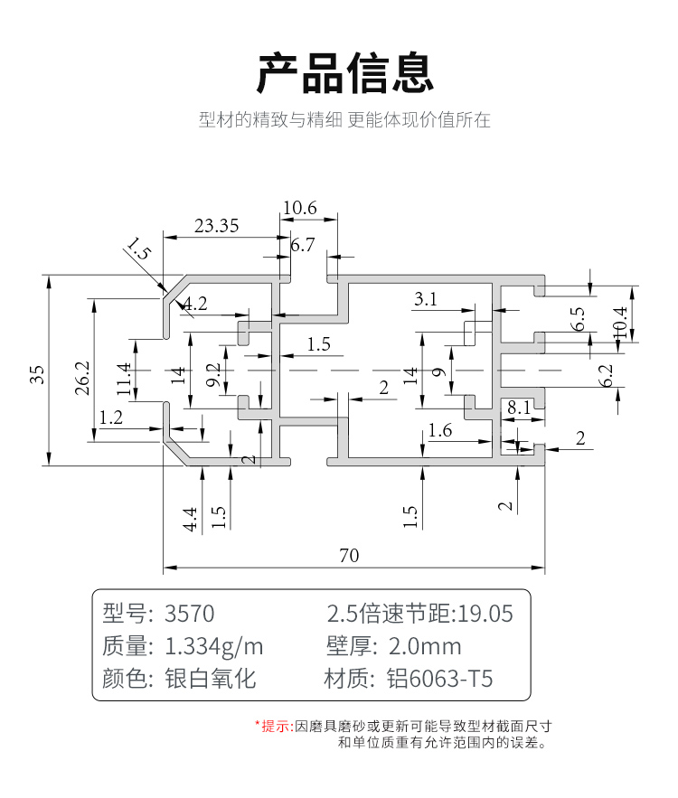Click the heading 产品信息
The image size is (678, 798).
click(x=345, y=73)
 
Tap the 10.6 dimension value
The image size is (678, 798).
click(x=299, y=208)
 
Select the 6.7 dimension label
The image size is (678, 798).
click(x=302, y=244)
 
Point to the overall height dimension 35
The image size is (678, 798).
click(x=37, y=373)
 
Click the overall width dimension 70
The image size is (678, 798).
click(x=349, y=556)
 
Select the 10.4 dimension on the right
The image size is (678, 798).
click(x=620, y=323)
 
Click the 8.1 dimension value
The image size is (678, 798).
click(x=519, y=407)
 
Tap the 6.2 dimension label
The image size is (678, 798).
click(x=607, y=375)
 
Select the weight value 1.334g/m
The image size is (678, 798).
click(x=213, y=646)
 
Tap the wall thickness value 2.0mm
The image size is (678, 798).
click(x=424, y=646)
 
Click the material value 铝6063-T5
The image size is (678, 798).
click(x=440, y=679)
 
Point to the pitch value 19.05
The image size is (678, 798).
click(x=485, y=614)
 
